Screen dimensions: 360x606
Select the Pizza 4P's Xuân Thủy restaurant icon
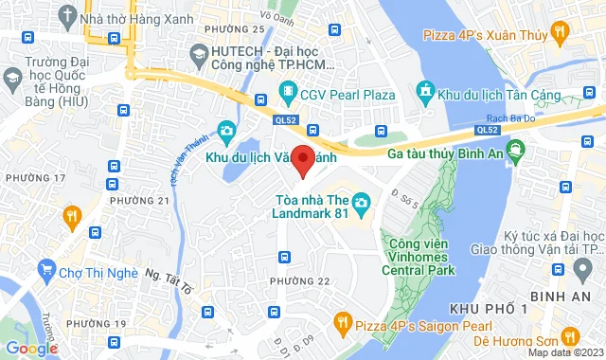[x=561, y=34]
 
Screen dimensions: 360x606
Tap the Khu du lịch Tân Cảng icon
[x=425, y=91]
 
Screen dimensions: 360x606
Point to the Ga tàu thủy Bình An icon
[x=515, y=150]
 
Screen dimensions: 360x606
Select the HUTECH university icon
[x=199, y=57]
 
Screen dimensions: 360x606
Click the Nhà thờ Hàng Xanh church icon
[x=66, y=17]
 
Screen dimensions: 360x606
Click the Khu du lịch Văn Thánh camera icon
[x=226, y=131]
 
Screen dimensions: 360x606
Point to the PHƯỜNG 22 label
[x=299, y=281]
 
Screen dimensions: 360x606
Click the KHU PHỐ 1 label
[x=489, y=311]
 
